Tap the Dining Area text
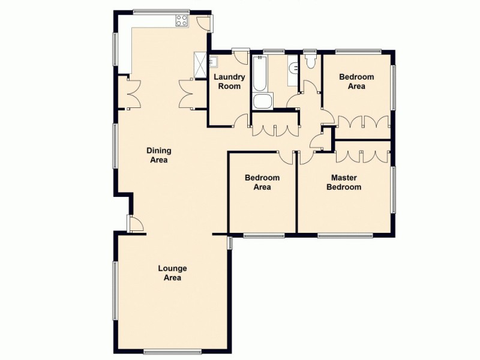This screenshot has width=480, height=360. pyautogui.click(x=158, y=155)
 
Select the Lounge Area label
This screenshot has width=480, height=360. pyautogui.click(x=172, y=273)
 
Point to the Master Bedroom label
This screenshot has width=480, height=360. pyautogui.click(x=344, y=182)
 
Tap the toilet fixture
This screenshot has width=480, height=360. pyautogui.click(x=311, y=62)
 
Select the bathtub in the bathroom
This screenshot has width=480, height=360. pyautogui.click(x=261, y=74)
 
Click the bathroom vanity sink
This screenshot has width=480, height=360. pyautogui.click(x=292, y=68)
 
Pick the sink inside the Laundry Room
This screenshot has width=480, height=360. pyautogui.click(x=214, y=61)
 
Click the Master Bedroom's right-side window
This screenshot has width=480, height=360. pyautogui.click(x=393, y=190)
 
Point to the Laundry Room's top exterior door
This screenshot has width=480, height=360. pyautogui.click(x=241, y=56)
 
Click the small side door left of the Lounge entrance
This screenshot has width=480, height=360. pyautogui.click(x=135, y=224)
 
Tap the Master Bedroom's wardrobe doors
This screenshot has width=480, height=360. pyautogui.click(x=362, y=155)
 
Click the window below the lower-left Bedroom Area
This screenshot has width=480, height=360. pyautogui.click(x=263, y=235)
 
